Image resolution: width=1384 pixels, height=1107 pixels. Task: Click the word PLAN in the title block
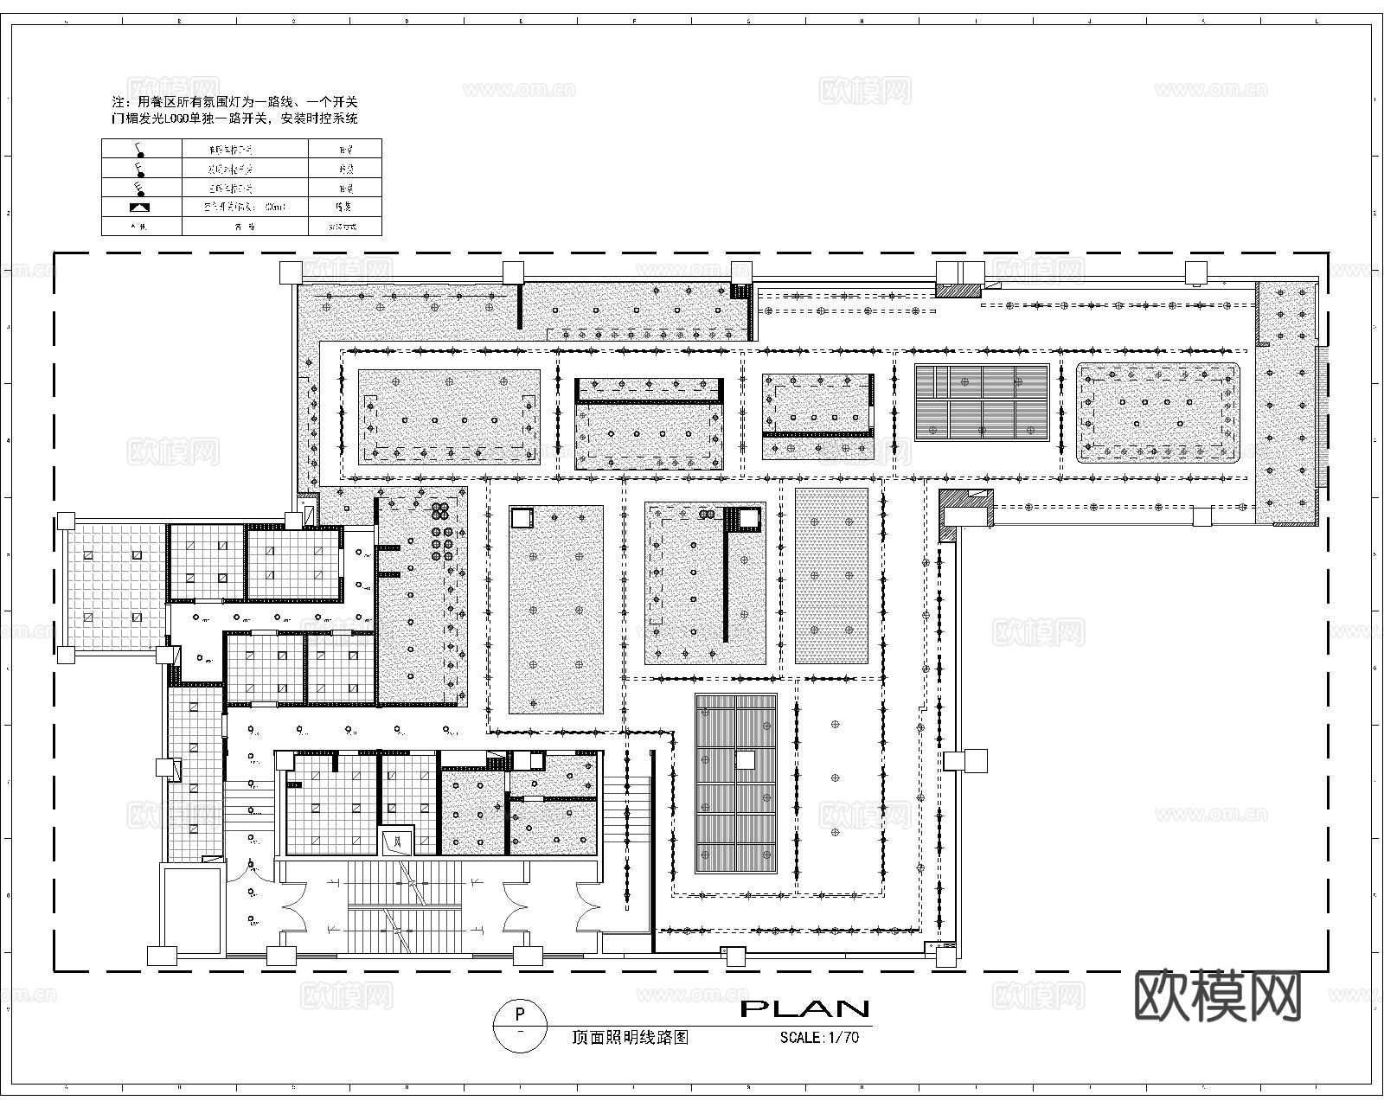click(804, 1008)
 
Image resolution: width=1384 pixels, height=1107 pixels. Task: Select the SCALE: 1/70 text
click(819, 1038)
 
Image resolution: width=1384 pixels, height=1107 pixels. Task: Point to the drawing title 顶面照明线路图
click(631, 1038)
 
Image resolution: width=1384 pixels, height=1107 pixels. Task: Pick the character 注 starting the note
click(107, 102)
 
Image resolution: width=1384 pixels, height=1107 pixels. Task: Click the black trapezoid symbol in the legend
click(140, 208)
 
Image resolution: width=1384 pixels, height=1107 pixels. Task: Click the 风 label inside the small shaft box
click(398, 840)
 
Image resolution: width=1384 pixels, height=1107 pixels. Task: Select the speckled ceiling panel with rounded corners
click(1157, 412)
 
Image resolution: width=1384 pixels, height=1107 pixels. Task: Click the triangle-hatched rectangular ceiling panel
click(831, 576)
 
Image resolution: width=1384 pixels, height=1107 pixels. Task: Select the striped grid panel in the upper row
click(982, 403)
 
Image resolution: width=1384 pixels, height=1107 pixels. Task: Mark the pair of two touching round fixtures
click(708, 514)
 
